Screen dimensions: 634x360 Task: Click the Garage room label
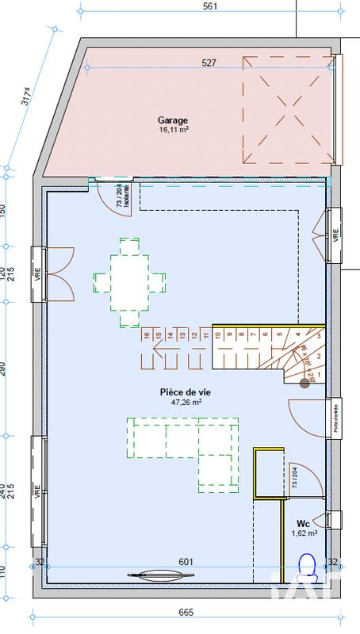(173, 120)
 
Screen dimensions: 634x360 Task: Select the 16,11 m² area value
(173, 129)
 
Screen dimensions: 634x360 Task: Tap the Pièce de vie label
(186, 391)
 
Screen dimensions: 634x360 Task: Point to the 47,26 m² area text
(186, 402)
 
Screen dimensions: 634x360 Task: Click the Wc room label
(303, 524)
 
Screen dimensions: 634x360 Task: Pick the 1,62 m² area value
(304, 533)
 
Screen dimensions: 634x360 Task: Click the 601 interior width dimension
(186, 562)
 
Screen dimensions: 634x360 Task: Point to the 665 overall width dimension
(186, 613)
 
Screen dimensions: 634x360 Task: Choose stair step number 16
(146, 336)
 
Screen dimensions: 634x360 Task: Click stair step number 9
(230, 335)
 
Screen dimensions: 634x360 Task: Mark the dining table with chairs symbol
(129, 281)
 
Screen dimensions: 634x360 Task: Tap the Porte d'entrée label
(335, 417)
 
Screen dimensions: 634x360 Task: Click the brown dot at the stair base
(304, 384)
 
